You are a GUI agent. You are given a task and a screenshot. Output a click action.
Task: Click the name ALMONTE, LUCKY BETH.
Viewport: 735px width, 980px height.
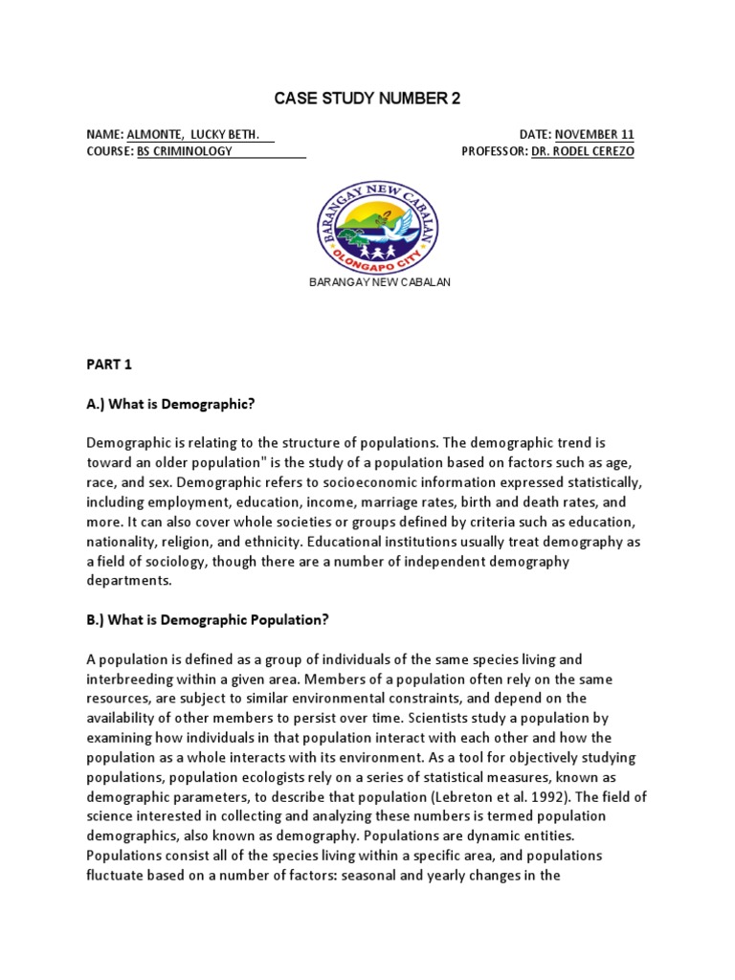[x=193, y=135]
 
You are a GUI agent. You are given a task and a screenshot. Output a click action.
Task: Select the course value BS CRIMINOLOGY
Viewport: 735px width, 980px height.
[x=185, y=151]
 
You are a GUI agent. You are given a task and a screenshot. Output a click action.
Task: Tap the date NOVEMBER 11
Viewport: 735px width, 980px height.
[x=593, y=135]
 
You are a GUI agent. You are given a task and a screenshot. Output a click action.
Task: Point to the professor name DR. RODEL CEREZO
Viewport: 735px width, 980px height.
[x=582, y=151]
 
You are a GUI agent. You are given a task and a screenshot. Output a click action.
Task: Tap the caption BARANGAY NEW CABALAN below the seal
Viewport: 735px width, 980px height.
[x=377, y=283]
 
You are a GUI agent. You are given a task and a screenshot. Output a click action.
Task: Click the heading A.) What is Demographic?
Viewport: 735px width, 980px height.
[x=170, y=405]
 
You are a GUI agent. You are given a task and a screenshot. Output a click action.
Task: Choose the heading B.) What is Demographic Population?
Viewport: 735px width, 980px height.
[x=208, y=619]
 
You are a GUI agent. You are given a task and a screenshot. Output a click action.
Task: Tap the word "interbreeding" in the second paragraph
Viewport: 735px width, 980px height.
[x=127, y=679]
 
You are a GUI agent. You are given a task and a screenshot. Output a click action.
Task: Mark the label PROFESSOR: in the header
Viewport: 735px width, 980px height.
[x=494, y=151]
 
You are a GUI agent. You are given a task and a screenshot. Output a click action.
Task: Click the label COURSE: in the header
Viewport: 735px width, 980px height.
[x=110, y=151]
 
